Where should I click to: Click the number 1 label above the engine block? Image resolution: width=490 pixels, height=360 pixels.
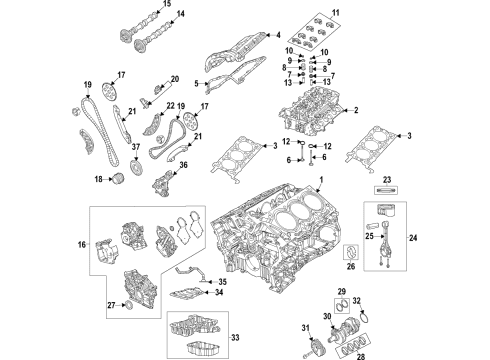tap(321, 179)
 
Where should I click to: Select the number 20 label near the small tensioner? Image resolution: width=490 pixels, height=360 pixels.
tap(174, 79)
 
